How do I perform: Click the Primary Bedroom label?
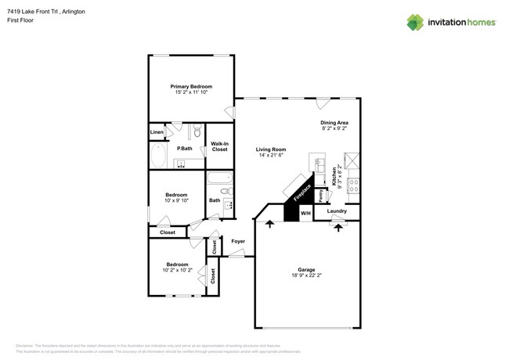pos(191,86)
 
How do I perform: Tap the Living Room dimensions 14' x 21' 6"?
pos(270,156)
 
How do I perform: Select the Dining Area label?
pos(334,123)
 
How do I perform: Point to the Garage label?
pos(306,269)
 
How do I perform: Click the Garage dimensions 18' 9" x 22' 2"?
pos(306,275)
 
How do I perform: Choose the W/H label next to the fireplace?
pos(305,213)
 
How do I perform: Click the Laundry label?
pos(337,211)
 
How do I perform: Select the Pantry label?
pos(321,193)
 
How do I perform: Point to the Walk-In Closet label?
pos(220,146)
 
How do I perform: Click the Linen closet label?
pos(157,132)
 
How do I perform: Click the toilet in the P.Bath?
pos(197,131)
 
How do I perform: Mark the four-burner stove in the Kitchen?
pos(353,185)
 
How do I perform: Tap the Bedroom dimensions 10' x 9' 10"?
pos(176,200)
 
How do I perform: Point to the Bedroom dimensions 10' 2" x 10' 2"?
pos(177,270)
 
